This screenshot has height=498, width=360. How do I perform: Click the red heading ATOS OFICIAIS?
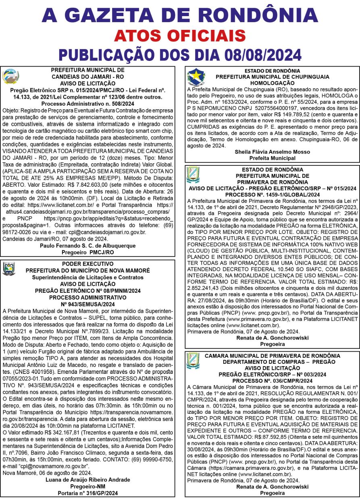point(179,35)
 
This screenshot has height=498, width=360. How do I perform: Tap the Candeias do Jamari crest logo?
point(10,76)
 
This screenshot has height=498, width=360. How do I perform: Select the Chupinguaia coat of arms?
point(196,77)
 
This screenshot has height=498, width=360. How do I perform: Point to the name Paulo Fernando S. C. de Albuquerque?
point(87,246)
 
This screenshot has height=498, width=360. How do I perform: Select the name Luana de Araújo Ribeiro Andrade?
point(87,479)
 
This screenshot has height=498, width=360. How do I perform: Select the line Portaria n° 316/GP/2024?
point(87,492)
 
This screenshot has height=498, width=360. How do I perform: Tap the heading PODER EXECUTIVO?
point(87,264)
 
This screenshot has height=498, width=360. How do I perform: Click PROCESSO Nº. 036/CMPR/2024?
point(272,381)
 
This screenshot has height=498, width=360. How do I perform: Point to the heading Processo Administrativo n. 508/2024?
point(87,103)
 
